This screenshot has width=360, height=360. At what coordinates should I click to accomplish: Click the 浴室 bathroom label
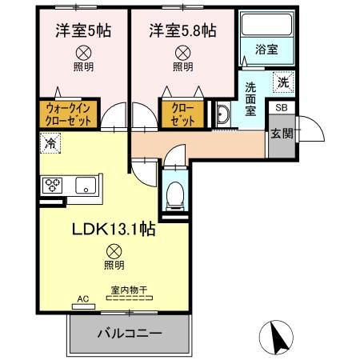266,50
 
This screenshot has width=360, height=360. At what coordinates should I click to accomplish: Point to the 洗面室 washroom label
250,98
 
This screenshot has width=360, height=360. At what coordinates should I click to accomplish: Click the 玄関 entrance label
282,133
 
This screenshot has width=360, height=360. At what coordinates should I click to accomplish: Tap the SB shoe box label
281,106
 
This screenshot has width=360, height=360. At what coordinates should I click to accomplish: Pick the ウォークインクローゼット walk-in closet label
71,113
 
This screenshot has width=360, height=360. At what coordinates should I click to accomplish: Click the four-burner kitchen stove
54,186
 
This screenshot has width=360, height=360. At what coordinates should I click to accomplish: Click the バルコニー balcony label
130,333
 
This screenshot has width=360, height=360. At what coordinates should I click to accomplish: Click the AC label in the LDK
82,302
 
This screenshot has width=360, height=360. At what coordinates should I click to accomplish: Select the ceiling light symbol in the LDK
114,250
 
